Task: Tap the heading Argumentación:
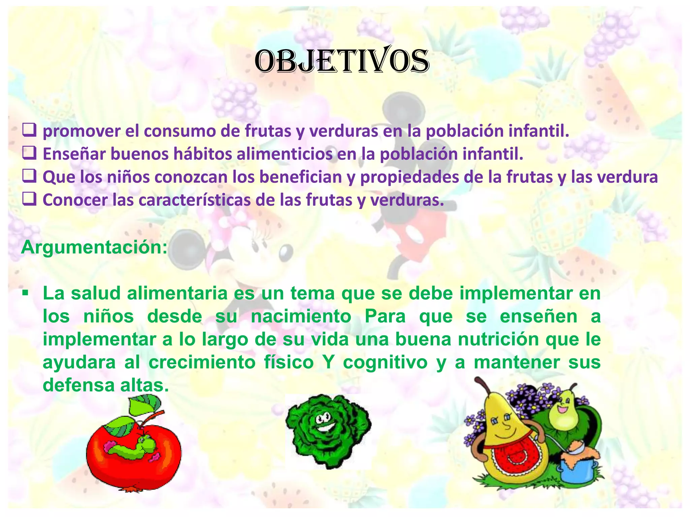(x=94, y=247)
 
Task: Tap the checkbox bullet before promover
(x=29, y=130)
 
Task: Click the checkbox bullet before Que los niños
(x=29, y=176)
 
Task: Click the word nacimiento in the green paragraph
(x=301, y=316)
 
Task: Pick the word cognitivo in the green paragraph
(x=385, y=363)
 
